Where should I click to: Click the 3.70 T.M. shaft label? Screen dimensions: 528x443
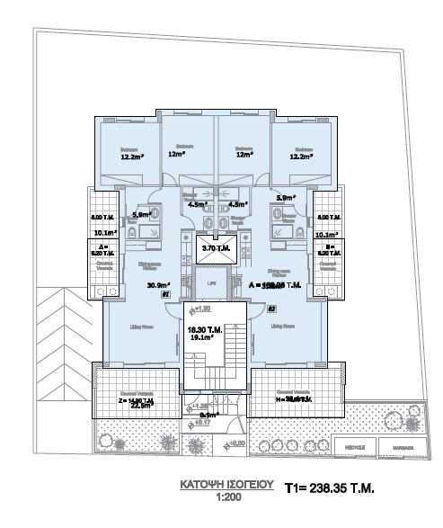pos(217,248)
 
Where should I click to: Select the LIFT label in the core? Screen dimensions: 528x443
pos(213,284)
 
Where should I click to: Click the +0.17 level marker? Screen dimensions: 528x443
pos(204,421)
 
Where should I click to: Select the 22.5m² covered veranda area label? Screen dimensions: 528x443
pos(141,405)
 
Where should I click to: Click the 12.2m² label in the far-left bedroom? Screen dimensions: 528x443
pos(133,156)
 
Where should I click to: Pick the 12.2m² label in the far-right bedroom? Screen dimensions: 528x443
pos(299,156)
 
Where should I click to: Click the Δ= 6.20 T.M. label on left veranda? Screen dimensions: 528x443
pos(105,250)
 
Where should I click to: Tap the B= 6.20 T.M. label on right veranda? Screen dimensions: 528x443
pos(328,250)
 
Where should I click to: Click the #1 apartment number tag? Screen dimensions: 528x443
pos(164,294)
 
